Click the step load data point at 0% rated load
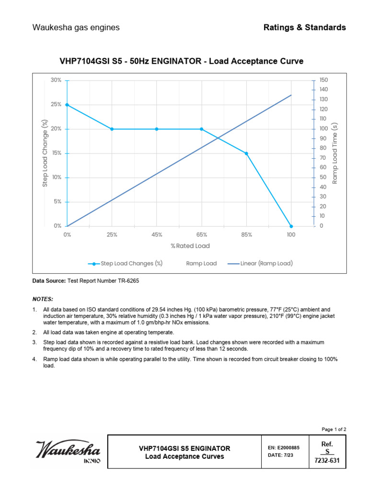pos(67,105)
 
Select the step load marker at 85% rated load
pos(246,153)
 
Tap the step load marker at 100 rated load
pos(291,226)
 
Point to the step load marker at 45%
pos(157,129)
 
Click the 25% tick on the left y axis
pos(56,105)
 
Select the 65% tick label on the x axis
pos(201,235)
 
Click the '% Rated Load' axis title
pos(190,246)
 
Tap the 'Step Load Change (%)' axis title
pos(45,153)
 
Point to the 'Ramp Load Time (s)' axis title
pos(335,153)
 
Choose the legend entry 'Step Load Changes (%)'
pos(126,263)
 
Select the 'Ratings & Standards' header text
pos(304,27)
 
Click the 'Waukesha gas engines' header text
pos(76,27)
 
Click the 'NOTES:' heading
pos(43,298)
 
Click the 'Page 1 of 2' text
pos(333,429)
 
